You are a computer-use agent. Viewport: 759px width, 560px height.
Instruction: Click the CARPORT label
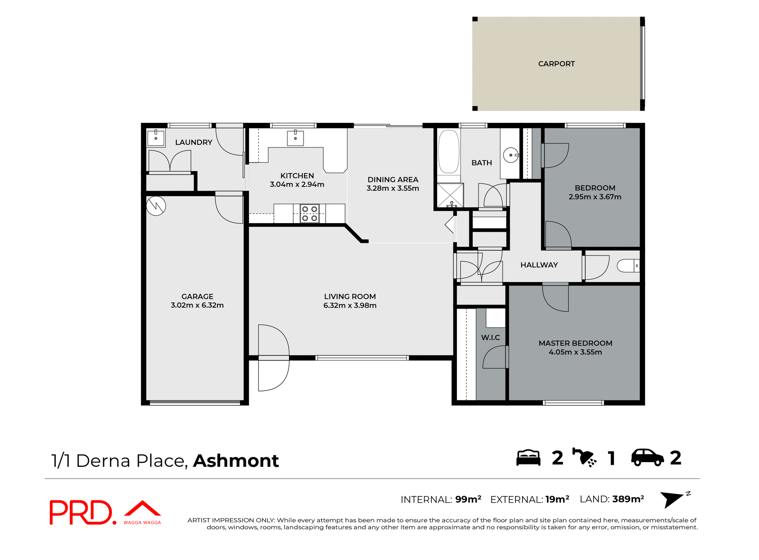[x=556, y=64]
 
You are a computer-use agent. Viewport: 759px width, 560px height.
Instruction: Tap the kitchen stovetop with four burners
[x=310, y=213]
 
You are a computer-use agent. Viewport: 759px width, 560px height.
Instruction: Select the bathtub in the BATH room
[x=449, y=152]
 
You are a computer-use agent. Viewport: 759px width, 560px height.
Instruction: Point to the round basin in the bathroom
[x=510, y=155]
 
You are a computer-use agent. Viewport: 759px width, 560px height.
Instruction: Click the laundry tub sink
[x=156, y=138]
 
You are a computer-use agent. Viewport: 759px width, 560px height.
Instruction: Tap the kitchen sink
[x=295, y=138]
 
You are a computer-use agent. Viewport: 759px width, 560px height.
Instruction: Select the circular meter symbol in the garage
[x=156, y=206]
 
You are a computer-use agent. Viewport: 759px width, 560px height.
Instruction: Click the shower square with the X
[x=450, y=195]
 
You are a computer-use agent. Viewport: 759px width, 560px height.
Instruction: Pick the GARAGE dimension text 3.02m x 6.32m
[x=197, y=305]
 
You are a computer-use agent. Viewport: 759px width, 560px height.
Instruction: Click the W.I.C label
[x=490, y=337]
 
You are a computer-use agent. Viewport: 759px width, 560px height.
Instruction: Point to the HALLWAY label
[x=539, y=265]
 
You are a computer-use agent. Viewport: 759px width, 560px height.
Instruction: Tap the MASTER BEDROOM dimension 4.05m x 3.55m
[x=575, y=352]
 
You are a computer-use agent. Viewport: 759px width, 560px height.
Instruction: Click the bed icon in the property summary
[x=528, y=458]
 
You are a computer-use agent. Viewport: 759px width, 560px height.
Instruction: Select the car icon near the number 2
[x=647, y=458]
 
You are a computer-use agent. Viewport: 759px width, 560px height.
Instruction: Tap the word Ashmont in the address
[x=236, y=461]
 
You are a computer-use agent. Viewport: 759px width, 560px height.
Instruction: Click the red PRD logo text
[x=81, y=512]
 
